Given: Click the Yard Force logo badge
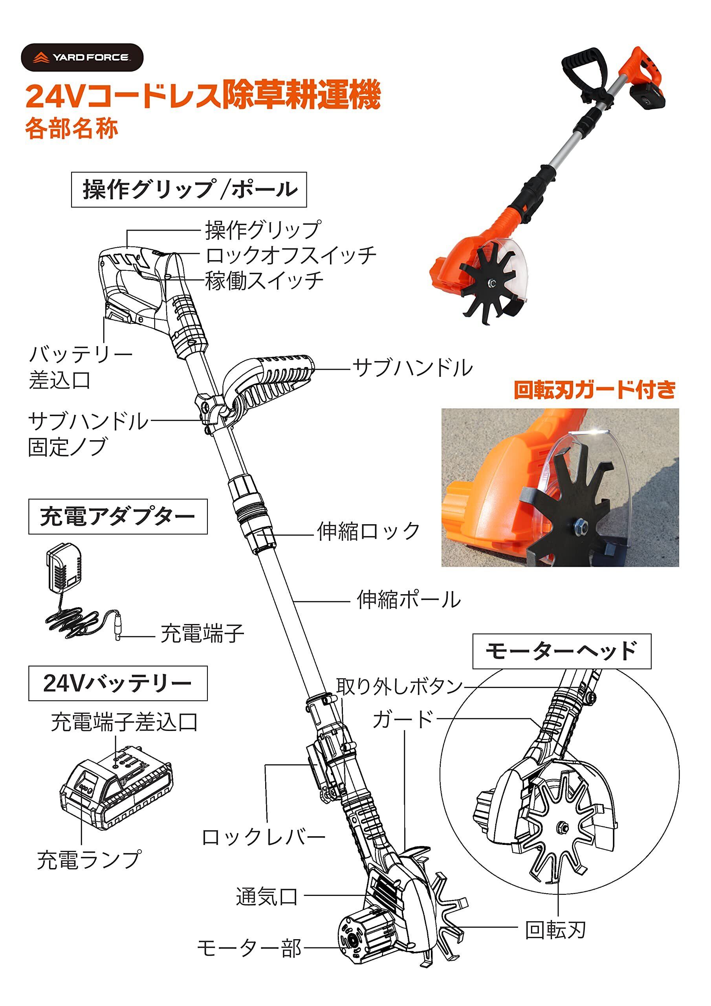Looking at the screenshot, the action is [82, 57].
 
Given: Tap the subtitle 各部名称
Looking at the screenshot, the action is [71, 129].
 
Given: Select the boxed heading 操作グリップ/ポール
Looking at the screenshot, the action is [189, 190].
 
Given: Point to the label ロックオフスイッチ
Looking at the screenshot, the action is [291, 255].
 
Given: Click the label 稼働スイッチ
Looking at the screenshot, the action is [265, 281].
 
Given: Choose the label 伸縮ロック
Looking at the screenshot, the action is [368, 531].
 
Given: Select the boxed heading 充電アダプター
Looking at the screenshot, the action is [118, 517].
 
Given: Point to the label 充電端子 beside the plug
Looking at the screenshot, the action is [202, 633].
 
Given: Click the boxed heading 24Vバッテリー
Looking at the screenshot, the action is [118, 683].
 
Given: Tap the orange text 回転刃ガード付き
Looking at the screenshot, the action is [594, 390].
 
